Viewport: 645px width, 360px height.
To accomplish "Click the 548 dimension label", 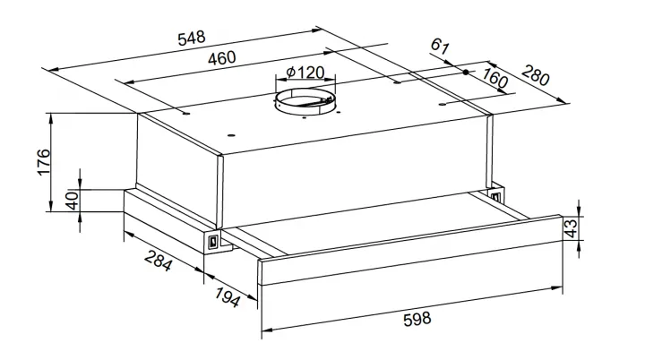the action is pyautogui.click(x=192, y=38).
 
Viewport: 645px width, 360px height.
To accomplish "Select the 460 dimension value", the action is pyautogui.click(x=222, y=58).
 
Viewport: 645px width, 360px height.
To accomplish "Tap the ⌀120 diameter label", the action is pyautogui.click(x=305, y=73).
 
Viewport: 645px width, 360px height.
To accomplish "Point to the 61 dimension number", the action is pyautogui.click(x=440, y=47).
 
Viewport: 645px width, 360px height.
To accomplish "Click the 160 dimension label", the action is pyautogui.click(x=494, y=78).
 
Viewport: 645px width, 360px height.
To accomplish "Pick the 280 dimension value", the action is pyautogui.click(x=535, y=75).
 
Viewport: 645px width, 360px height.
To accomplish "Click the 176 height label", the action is pyautogui.click(x=44, y=162).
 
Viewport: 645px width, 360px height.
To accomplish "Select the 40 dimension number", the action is pyautogui.click(x=73, y=201).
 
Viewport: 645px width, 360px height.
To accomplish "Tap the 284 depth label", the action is pyautogui.click(x=158, y=261).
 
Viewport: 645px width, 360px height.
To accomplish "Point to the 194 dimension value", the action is pyautogui.click(x=227, y=297).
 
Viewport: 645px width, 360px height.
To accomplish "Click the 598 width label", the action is pyautogui.click(x=417, y=319).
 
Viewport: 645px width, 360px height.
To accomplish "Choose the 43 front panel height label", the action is pyautogui.click(x=572, y=228).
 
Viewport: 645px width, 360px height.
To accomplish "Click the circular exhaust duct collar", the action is pyautogui.click(x=305, y=103).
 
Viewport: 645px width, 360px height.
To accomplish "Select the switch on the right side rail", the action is pyautogui.click(x=495, y=196).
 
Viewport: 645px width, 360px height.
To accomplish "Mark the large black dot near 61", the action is pyautogui.click(x=466, y=72).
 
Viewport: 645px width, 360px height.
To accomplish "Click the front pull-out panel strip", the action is pyautogui.click(x=410, y=250).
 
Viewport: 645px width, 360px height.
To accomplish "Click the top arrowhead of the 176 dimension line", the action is pyautogui.click(x=50, y=118).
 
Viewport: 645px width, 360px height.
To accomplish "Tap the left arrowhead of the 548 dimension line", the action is pyautogui.click(x=54, y=70).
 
